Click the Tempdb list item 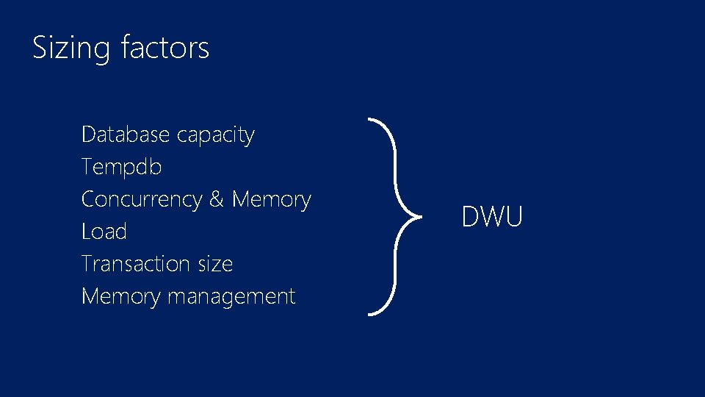click(x=121, y=168)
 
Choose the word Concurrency click(x=142, y=200)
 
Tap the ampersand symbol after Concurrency click(x=217, y=199)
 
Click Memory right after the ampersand click(x=271, y=200)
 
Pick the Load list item click(x=104, y=232)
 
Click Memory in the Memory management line click(x=121, y=297)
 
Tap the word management click(x=231, y=297)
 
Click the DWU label click(x=492, y=217)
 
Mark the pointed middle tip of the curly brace click(x=420, y=217)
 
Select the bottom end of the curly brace click(x=369, y=314)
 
